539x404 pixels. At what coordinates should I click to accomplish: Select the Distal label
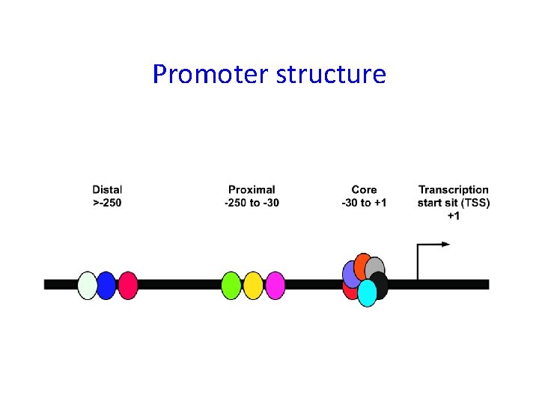108,190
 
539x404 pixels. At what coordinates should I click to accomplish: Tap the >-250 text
108,203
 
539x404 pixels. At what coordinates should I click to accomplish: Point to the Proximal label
252,190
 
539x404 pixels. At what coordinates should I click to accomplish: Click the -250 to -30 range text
252,203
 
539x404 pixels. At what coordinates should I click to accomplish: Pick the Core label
364,190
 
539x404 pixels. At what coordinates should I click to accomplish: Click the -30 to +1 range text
364,203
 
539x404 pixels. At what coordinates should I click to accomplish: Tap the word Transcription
453,190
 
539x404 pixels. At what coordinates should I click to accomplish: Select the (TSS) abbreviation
475,203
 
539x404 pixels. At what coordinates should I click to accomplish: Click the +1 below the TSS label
454,215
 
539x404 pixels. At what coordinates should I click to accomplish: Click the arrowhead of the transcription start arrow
445,244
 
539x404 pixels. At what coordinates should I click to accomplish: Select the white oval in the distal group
88,285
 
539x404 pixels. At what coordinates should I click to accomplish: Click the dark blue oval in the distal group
108,285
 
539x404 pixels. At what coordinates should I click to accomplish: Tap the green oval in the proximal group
232,285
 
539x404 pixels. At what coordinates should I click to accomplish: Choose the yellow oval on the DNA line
253,285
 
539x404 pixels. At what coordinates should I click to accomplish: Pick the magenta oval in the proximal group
274,285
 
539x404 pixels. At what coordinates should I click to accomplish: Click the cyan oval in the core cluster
367,293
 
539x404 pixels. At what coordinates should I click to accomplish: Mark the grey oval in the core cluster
376,268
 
